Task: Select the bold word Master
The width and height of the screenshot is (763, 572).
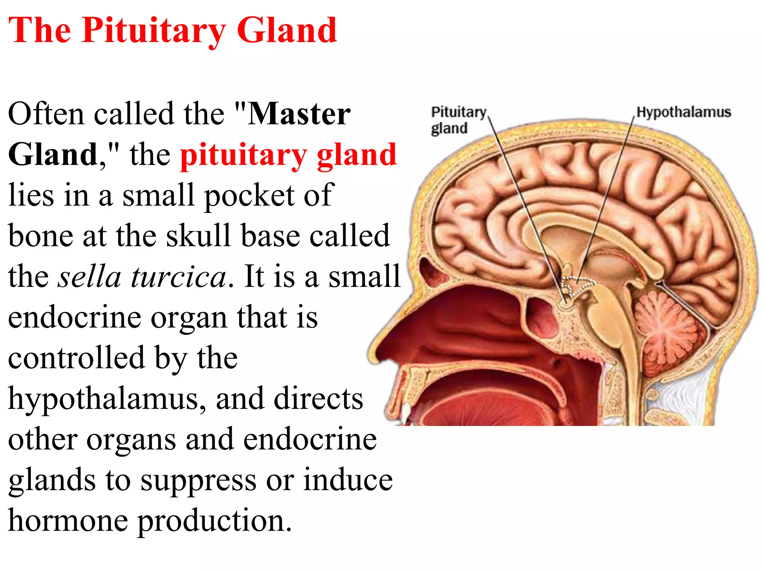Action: coord(299,114)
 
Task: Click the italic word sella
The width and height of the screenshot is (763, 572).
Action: coord(89,277)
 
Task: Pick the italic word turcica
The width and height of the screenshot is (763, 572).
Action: coord(178,277)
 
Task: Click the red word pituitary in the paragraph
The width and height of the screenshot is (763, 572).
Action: coord(243,155)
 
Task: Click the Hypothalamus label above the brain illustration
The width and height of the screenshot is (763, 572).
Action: coord(683,112)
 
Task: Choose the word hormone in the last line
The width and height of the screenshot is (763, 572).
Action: coord(68,521)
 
